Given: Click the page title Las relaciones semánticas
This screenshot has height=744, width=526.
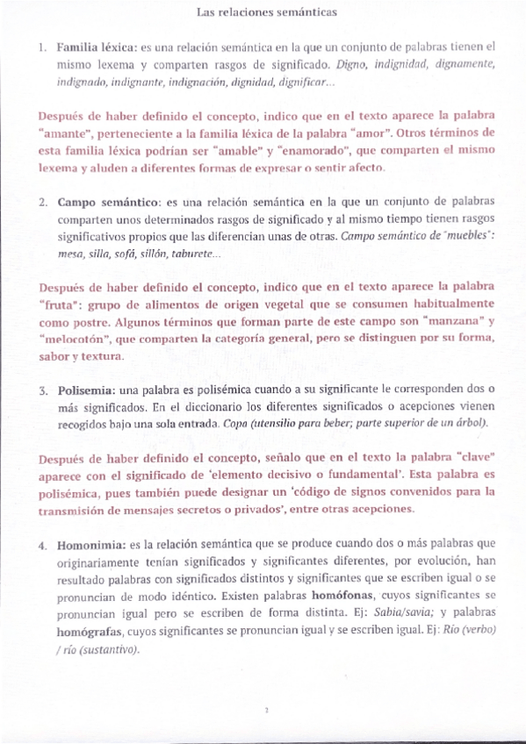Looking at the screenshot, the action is [x=263, y=13].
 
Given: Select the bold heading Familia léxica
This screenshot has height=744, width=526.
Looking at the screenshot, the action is [x=92, y=46].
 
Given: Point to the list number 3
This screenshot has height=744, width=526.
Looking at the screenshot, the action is [x=42, y=390].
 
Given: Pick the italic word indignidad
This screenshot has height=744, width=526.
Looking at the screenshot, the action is [x=402, y=64].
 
